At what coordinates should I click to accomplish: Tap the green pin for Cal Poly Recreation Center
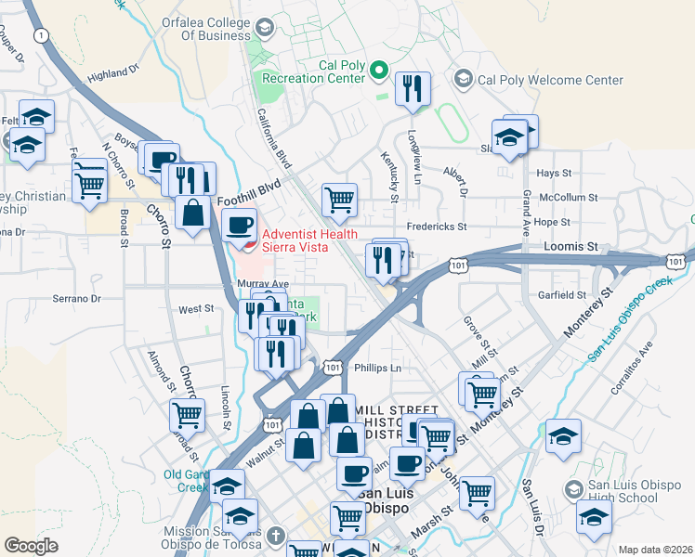pyautogui.click(x=379, y=71)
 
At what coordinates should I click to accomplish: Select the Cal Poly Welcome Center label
pyautogui.click(x=549, y=80)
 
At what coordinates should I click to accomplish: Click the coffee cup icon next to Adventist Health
pyautogui.click(x=241, y=226)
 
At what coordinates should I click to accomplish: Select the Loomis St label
pyautogui.click(x=569, y=247)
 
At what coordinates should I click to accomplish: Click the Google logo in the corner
pyautogui.click(x=31, y=546)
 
